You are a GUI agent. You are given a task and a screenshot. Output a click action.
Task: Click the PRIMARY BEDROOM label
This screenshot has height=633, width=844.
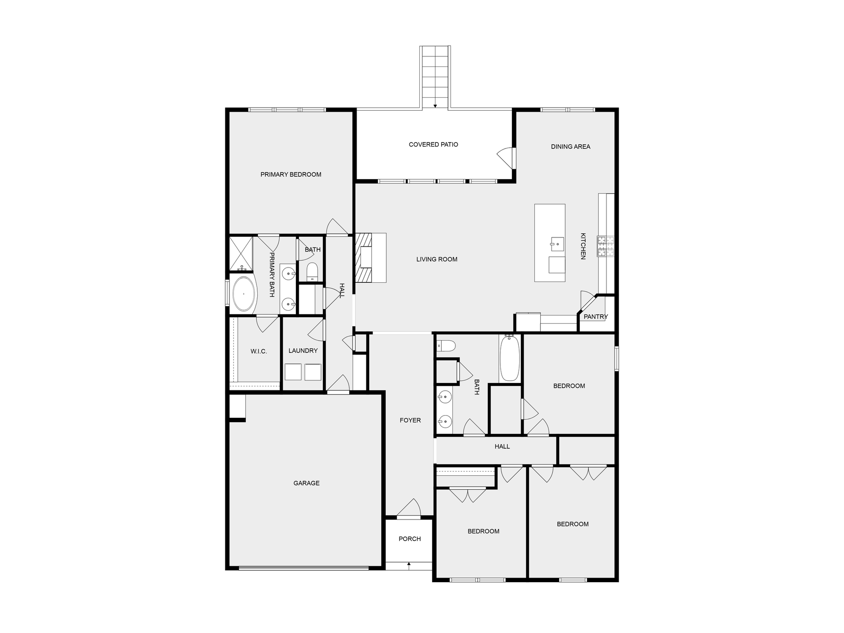(x=291, y=174)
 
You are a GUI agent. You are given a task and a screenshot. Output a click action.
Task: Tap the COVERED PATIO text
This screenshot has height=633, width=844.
(x=433, y=145)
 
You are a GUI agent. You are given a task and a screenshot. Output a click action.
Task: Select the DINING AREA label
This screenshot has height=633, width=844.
(x=570, y=147)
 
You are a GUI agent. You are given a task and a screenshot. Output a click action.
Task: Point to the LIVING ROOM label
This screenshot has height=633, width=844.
(x=436, y=259)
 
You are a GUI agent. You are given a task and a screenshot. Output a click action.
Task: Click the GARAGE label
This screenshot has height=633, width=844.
(x=307, y=483)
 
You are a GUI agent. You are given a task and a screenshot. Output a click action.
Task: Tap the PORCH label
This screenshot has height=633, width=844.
(x=409, y=539)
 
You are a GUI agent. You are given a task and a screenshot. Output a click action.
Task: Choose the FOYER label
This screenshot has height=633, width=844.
(x=410, y=420)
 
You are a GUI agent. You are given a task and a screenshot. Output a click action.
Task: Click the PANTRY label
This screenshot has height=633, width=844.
(x=596, y=317)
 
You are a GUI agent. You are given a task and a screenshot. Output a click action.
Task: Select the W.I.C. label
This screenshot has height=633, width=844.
(x=258, y=351)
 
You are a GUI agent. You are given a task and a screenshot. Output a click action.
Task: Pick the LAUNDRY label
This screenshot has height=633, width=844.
(x=303, y=351)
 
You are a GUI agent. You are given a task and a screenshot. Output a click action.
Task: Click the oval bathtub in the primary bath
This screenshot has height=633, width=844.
(x=243, y=294)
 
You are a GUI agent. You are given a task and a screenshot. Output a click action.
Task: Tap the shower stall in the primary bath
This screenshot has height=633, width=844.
(x=241, y=253)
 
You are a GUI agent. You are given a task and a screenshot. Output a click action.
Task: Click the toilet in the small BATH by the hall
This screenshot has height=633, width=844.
(x=312, y=271)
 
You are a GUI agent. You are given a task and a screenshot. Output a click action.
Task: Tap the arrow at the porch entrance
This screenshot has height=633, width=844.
(x=409, y=564)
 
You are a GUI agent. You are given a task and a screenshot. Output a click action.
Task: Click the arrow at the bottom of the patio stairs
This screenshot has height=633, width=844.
(x=435, y=106)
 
